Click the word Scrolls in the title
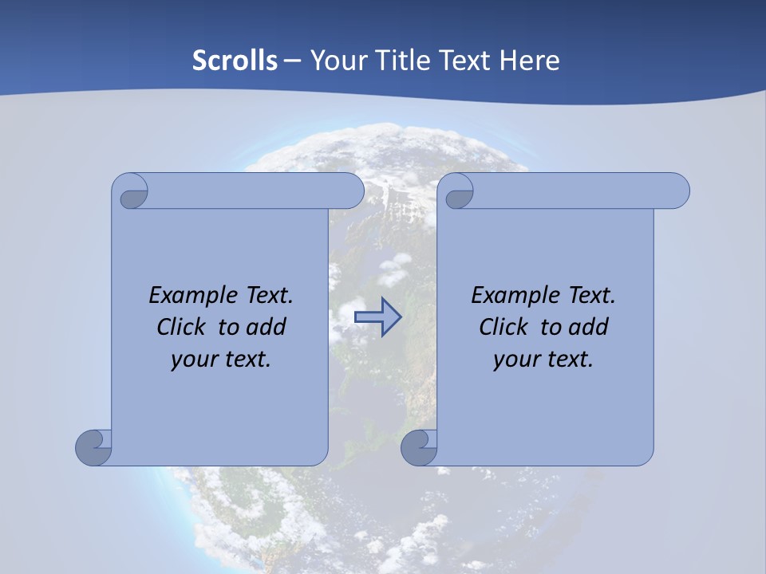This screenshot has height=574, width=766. click(235, 61)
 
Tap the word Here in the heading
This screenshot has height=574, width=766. click(530, 61)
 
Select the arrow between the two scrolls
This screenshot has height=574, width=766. click(377, 317)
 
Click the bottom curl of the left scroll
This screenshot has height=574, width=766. click(94, 446)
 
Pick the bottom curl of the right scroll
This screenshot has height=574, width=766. click(419, 446)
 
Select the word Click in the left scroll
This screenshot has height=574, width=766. click(181, 328)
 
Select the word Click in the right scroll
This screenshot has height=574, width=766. click(503, 328)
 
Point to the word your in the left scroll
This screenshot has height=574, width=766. click(193, 360)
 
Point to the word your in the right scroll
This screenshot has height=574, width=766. click(515, 360)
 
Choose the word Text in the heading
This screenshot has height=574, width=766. click(466, 61)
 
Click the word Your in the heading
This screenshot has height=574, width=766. click(338, 61)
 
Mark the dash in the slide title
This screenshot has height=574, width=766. click(293, 61)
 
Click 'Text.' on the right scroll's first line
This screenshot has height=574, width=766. click(591, 296)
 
